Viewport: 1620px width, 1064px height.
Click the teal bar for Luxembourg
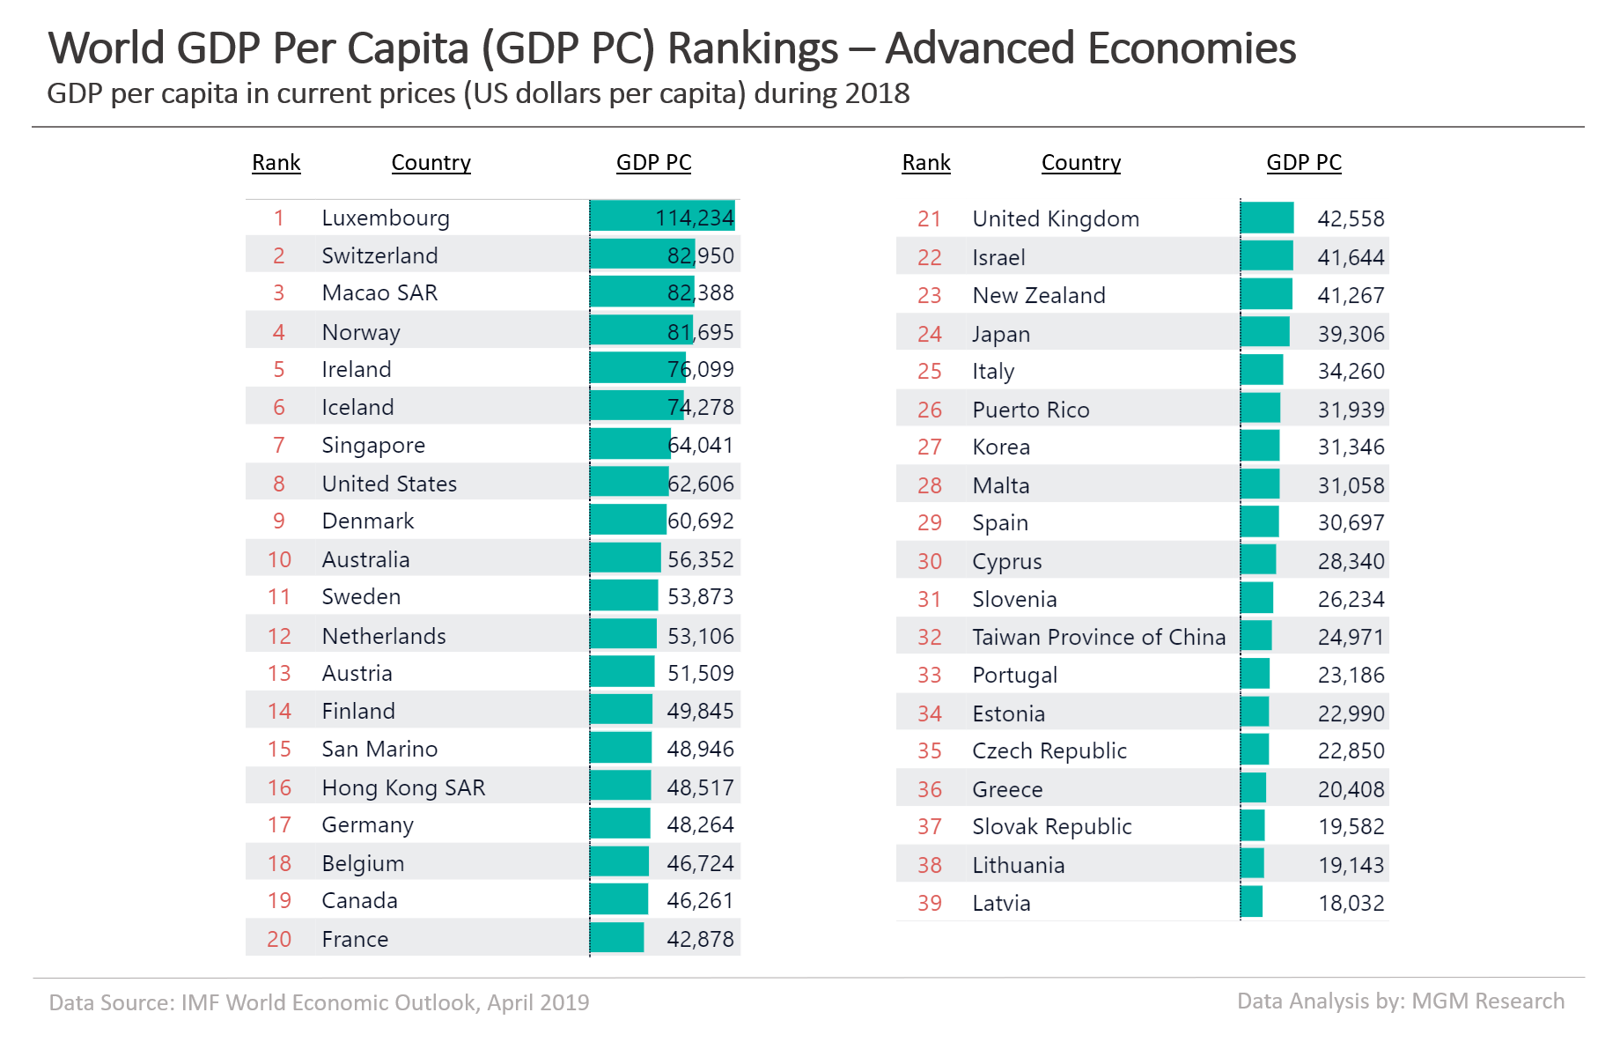click(662, 217)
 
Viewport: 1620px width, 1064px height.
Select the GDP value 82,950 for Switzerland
click(700, 255)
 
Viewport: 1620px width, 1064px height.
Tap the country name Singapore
click(373, 446)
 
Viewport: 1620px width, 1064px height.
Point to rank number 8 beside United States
click(279, 484)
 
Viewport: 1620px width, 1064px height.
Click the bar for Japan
click(1264, 333)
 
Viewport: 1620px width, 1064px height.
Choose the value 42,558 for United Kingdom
click(1351, 218)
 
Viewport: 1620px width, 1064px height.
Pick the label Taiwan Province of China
click(1099, 637)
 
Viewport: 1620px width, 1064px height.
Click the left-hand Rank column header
click(276, 163)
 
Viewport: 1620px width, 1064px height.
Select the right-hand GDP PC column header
click(1304, 163)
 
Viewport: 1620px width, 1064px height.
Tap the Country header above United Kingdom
click(1081, 163)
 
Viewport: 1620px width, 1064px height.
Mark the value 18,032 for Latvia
click(1351, 903)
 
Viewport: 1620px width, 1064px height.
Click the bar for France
click(617, 938)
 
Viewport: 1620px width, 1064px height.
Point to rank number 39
click(930, 903)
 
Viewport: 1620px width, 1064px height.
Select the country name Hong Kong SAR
click(403, 787)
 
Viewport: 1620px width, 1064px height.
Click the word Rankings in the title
click(753, 48)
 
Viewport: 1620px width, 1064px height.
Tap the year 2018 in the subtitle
click(876, 93)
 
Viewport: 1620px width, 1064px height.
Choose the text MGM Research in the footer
click(1488, 1001)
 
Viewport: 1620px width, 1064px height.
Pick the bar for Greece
click(1253, 788)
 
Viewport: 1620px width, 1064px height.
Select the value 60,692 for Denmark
click(700, 521)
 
